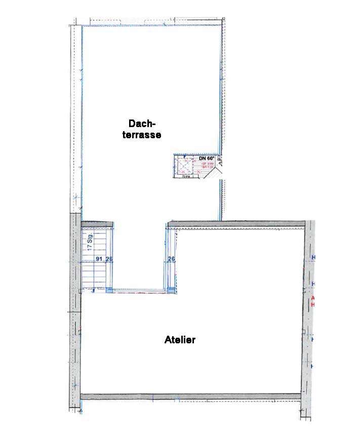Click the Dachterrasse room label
pyautogui.click(x=145, y=129)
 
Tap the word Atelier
pyautogui.click(x=180, y=340)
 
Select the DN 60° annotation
pyautogui.click(x=206, y=158)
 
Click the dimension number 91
pyautogui.click(x=99, y=259)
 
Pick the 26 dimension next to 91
pyautogui.click(x=109, y=259)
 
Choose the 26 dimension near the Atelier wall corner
pyautogui.click(x=171, y=259)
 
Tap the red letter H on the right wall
pyautogui.click(x=313, y=305)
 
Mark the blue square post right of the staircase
pyautogui.click(x=109, y=290)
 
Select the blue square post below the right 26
pyautogui.click(x=172, y=290)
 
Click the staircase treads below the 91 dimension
pyautogui.click(x=94, y=276)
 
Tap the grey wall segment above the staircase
pyautogui.click(x=97, y=224)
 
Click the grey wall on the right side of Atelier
pyautogui.click(x=308, y=314)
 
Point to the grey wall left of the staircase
pyautogui.click(x=75, y=253)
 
